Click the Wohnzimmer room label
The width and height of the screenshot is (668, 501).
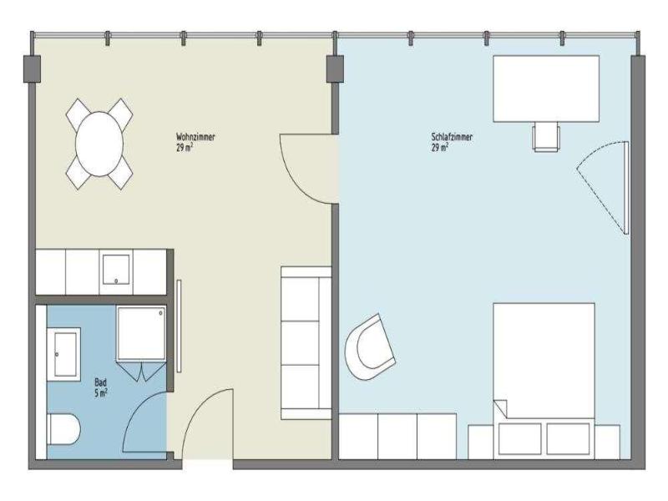[x=195, y=137]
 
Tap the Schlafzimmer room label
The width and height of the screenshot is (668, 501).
[x=452, y=137]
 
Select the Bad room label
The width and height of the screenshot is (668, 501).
[x=100, y=382]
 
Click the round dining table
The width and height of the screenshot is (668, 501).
[x=99, y=144]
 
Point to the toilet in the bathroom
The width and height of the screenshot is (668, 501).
[x=63, y=428]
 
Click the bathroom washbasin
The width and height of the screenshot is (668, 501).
[x=64, y=354]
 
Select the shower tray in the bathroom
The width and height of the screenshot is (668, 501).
[x=141, y=333]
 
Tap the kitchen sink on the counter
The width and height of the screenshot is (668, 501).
[x=116, y=270]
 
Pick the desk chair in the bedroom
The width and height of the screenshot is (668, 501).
[x=546, y=136]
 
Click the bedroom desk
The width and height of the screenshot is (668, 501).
[x=546, y=89]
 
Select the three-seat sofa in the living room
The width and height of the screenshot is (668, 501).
[x=306, y=343]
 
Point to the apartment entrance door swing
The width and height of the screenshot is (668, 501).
[x=200, y=406]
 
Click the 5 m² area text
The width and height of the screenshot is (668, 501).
[x=100, y=392]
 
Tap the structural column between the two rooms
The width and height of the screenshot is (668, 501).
[x=335, y=68]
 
